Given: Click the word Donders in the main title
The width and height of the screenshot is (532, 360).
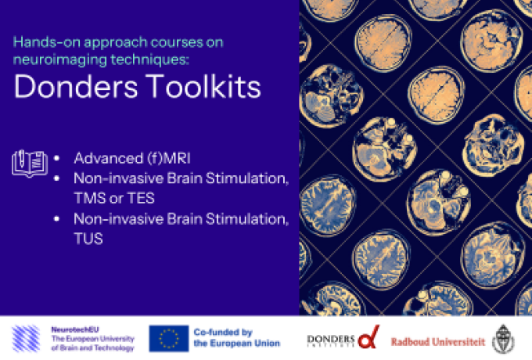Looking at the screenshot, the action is [x=76, y=87].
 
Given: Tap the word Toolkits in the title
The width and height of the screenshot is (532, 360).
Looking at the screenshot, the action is [x=203, y=86].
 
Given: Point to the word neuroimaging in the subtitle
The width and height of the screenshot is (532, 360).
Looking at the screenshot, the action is [x=59, y=59].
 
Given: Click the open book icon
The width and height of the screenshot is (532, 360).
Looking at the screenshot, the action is [x=30, y=164].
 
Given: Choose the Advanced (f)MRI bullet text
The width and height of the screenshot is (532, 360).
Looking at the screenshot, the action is [x=132, y=158].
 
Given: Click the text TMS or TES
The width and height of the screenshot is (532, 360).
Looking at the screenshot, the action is [x=114, y=198].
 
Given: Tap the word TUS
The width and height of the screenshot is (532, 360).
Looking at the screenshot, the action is [x=88, y=239].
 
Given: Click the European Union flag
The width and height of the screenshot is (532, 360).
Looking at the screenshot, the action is [x=169, y=338].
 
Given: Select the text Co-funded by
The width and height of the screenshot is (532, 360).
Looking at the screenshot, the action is [x=223, y=332].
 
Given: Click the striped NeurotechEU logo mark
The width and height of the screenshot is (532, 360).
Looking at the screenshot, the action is [x=26, y=338].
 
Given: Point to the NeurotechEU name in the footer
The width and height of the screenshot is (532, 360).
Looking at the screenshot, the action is [x=75, y=329].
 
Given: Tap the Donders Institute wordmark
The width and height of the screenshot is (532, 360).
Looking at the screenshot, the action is [x=331, y=340].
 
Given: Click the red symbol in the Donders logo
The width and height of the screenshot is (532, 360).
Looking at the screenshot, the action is [x=368, y=337].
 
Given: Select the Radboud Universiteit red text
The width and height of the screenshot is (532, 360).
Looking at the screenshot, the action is [x=438, y=342].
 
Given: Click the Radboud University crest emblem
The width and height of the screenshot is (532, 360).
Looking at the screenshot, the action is [x=503, y=339].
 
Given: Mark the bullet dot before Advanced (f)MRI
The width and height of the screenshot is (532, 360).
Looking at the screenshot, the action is [x=56, y=158].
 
